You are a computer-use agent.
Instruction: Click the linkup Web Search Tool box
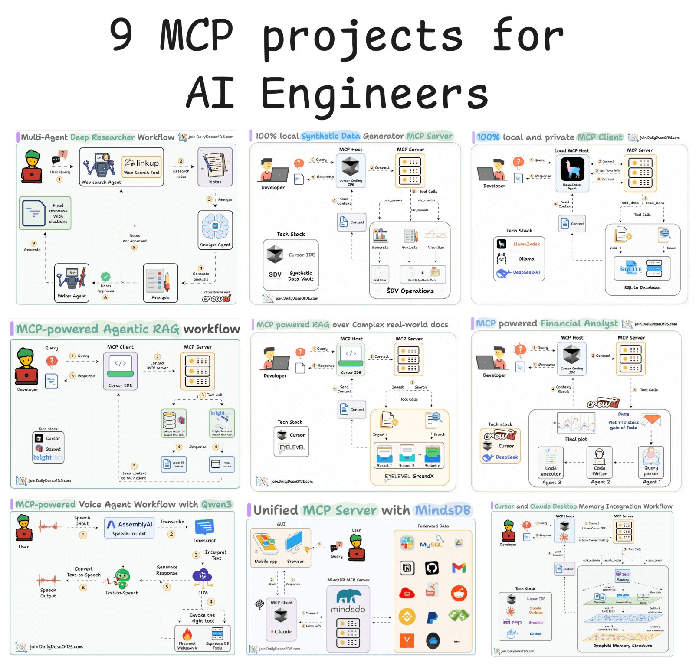coord(142,166)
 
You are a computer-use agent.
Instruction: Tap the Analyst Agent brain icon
coord(215,226)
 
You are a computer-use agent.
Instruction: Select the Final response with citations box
coord(45,213)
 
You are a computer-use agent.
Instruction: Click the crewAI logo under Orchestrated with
coord(217,298)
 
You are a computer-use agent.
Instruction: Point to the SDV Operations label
coord(410,291)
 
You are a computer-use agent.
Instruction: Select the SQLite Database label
coord(642,287)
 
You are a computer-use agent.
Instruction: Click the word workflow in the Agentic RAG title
coord(211,329)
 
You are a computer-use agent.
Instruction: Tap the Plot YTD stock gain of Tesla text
coord(624,425)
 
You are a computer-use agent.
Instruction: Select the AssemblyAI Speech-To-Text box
coord(129,528)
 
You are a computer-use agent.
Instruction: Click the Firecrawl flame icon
coord(187,634)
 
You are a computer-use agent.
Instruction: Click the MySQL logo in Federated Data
coord(430,544)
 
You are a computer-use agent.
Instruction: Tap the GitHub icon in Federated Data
coord(432,568)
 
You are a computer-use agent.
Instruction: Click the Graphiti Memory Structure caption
coord(623,646)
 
